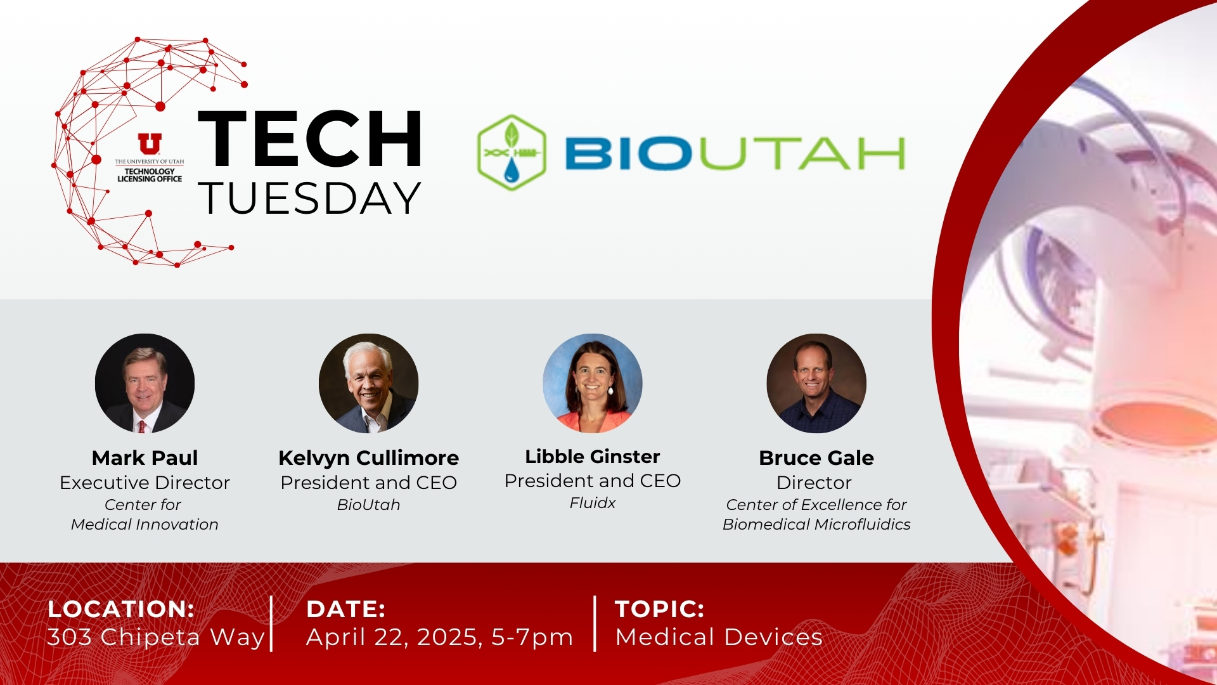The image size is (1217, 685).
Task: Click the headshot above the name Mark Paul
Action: pos(145,383)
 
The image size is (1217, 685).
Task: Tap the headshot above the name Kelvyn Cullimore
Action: pos(368,383)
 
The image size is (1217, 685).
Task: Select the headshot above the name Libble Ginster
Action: pos(593,383)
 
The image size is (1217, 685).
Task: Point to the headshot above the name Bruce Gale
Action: pos(816,383)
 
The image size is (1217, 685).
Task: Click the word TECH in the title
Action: pos(311,139)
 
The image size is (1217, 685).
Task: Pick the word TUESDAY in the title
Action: pos(309,198)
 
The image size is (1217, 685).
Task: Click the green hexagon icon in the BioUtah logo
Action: pos(512,153)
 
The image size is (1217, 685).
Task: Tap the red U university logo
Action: pos(150,144)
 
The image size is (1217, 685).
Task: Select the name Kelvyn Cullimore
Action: pos(368,458)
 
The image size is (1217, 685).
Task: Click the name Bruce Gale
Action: pos(816,458)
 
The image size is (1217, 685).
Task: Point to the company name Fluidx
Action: pos(593,503)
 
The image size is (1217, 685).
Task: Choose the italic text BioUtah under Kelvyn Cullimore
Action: pos(368,505)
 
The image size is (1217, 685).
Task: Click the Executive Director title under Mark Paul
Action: pos(145,483)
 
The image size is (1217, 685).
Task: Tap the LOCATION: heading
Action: pos(121,609)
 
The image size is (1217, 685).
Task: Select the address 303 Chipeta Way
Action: pos(156,637)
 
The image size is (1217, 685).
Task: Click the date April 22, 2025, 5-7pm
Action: pos(440,637)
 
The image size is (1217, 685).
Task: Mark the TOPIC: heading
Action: pos(660,609)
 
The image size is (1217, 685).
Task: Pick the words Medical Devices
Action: pos(719,637)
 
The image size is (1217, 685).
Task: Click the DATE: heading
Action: pos(346,609)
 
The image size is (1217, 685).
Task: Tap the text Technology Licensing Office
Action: pos(150,175)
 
